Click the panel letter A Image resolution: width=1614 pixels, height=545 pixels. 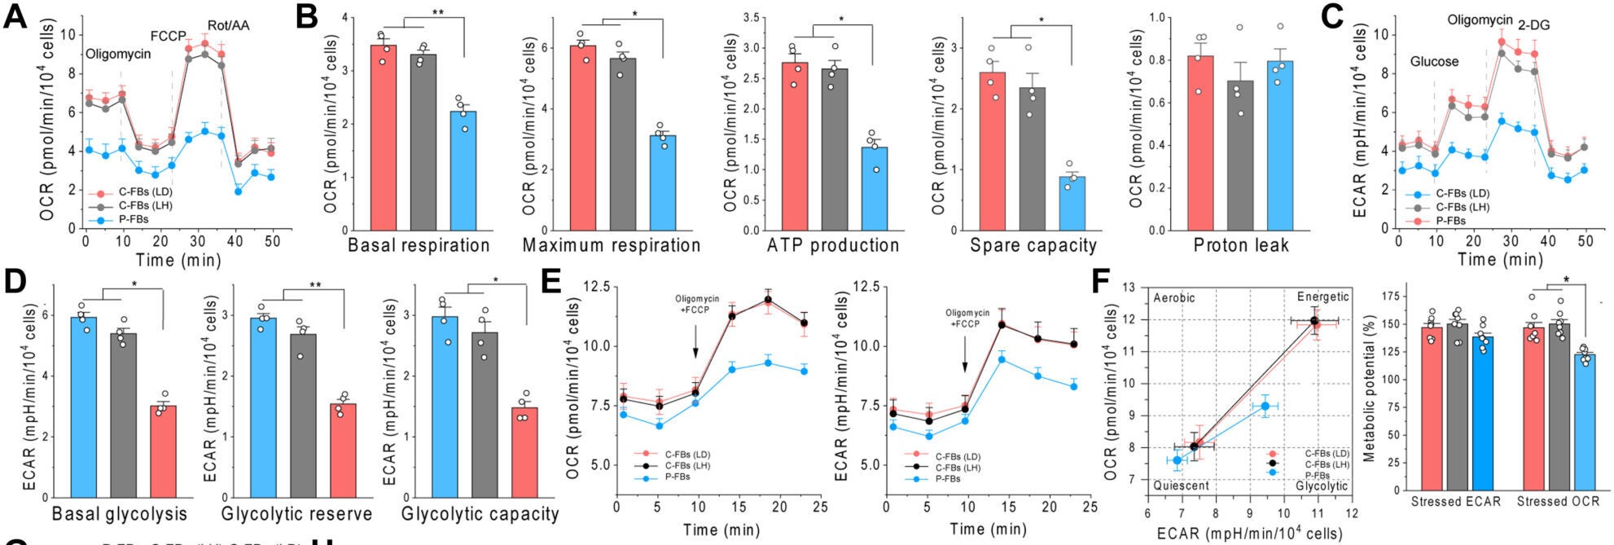click(x=15, y=16)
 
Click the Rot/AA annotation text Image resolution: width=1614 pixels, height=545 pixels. click(x=229, y=26)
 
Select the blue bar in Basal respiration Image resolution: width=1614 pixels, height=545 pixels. click(x=463, y=171)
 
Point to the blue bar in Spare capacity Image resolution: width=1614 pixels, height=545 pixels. click(x=1072, y=203)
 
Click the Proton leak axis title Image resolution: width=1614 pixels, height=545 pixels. click(x=1241, y=245)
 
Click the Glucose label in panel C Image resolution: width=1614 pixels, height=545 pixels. click(x=1434, y=62)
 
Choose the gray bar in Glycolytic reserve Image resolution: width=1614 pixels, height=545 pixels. click(x=303, y=415)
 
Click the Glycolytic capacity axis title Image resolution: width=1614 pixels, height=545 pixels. click(x=480, y=514)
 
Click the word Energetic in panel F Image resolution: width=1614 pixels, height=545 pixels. click(x=1322, y=297)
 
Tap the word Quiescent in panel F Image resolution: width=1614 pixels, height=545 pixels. click(x=1181, y=486)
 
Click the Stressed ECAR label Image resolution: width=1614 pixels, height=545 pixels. click(x=1455, y=501)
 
